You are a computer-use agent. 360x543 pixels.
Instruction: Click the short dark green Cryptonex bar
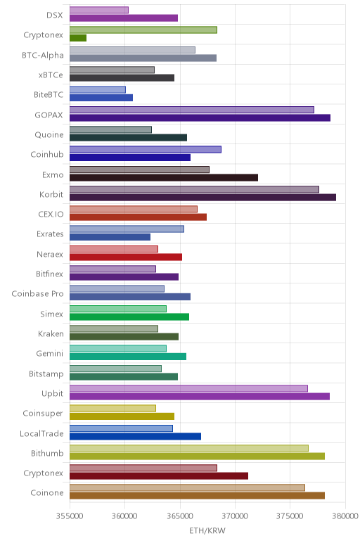pyautogui.click(x=78, y=38)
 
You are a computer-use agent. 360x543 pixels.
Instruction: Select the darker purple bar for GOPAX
pyautogui.click(x=200, y=117)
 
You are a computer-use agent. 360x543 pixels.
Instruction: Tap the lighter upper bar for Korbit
pyautogui.click(x=194, y=189)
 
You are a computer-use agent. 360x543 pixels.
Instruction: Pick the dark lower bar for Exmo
pyautogui.click(x=164, y=178)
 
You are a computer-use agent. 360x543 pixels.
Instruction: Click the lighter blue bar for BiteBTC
pyautogui.click(x=98, y=90)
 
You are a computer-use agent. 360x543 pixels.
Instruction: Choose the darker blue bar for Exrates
pyautogui.click(x=110, y=237)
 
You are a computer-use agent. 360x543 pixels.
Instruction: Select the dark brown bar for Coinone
pyautogui.click(x=198, y=496)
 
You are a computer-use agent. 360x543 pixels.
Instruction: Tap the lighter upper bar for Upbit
pyautogui.click(x=188, y=388)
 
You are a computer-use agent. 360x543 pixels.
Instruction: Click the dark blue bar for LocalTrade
pyautogui.click(x=135, y=436)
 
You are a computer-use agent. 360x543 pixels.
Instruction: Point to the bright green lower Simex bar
pyautogui.click(x=129, y=317)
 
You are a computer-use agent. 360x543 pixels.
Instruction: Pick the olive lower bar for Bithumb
pyautogui.click(x=198, y=456)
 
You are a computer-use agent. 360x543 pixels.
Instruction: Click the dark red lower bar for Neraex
pyautogui.click(x=126, y=257)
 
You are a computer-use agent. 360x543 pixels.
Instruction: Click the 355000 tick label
pyautogui.click(x=70, y=516)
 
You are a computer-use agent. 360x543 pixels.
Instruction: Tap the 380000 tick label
pyautogui.click(x=345, y=516)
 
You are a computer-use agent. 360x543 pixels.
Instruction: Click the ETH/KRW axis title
pyautogui.click(x=207, y=530)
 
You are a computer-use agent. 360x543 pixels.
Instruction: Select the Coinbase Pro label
pyautogui.click(x=38, y=294)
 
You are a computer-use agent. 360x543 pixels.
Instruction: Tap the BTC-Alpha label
pyautogui.click(x=43, y=55)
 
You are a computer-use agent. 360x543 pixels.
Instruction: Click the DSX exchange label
pyautogui.click(x=55, y=15)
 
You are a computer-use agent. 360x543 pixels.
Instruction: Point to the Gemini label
pyautogui.click(x=50, y=354)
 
